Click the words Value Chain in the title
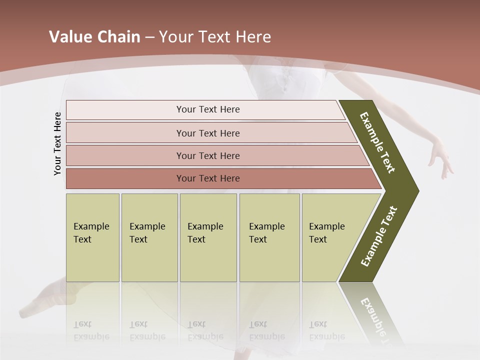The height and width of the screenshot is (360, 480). (x=94, y=37)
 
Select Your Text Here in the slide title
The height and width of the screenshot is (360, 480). (x=215, y=37)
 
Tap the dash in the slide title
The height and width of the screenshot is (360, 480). (x=149, y=37)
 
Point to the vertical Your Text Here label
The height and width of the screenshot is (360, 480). (x=57, y=143)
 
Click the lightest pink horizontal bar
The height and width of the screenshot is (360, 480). (x=207, y=109)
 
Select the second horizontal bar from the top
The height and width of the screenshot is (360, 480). (x=207, y=133)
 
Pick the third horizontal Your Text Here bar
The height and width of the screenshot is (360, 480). (x=207, y=155)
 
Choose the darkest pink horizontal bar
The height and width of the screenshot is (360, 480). (x=207, y=178)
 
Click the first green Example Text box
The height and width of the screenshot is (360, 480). (x=92, y=237)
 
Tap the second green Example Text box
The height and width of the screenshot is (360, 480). (x=149, y=237)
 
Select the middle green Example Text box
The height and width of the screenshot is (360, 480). (x=208, y=237)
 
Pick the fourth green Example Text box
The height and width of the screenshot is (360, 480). (x=269, y=237)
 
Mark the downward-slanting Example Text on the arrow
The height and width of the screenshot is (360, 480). (x=377, y=142)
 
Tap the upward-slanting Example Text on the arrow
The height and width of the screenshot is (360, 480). (x=379, y=236)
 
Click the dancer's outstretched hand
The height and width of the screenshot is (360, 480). (x=442, y=159)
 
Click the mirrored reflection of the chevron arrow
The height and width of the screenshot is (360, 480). (x=372, y=315)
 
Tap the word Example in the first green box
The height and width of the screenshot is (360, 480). (x=91, y=226)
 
